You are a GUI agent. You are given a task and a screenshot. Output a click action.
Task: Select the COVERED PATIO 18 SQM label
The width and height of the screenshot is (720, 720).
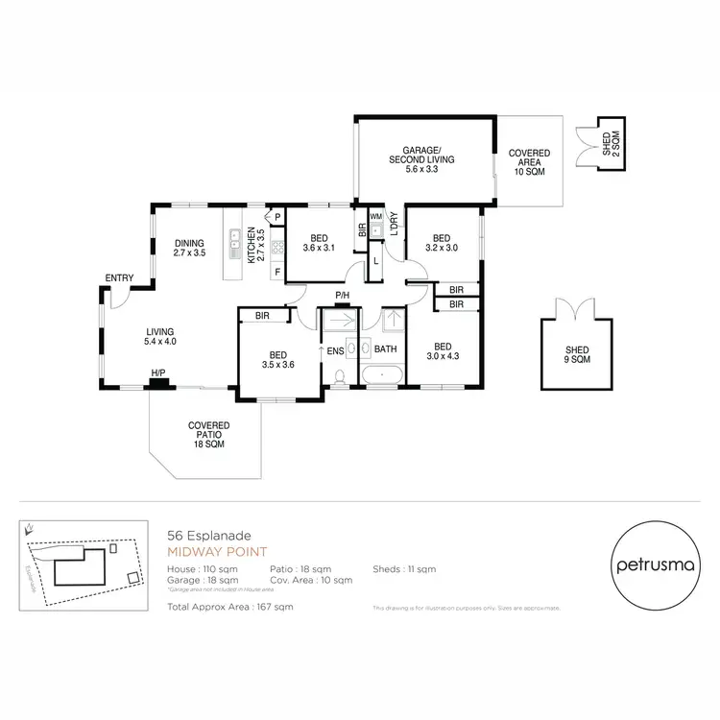coord(207,434)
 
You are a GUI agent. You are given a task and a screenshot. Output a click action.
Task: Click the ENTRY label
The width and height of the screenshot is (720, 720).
coord(119,278)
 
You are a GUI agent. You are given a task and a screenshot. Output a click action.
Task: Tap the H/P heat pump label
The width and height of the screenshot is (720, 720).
coord(156,373)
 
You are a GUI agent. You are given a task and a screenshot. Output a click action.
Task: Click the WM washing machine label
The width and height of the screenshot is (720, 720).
coord(375,218)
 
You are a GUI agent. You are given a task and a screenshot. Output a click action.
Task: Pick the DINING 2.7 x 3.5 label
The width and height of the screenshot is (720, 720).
coord(189,248)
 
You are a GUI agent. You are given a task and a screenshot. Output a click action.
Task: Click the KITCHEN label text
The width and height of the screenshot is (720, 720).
coord(252,247)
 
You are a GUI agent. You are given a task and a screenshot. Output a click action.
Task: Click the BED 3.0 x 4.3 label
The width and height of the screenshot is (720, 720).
coord(443,351)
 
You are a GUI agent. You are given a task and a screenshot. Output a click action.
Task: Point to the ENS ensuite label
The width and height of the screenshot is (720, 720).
coord(335,351)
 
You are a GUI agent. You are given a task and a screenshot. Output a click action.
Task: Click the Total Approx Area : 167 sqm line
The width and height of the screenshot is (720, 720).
coord(229,607)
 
